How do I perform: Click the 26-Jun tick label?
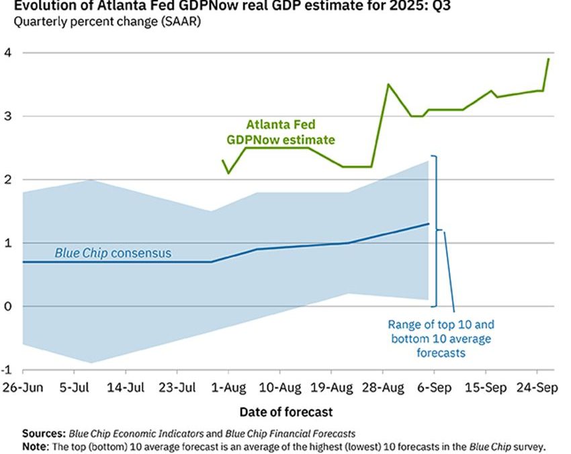pos(23,388)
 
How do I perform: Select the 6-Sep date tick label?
pos(435,388)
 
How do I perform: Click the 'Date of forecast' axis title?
pos(285,411)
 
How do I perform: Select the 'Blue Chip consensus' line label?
pos(113,254)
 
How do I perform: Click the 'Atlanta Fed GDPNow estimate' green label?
pos(281,132)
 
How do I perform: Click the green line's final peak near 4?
pos(549,59)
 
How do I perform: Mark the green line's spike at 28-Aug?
pos(388,84)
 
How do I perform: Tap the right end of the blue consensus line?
pos(429,224)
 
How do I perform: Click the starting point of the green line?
pos(223,160)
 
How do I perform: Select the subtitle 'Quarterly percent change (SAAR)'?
pos(107,22)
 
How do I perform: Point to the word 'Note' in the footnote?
pos(35,446)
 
